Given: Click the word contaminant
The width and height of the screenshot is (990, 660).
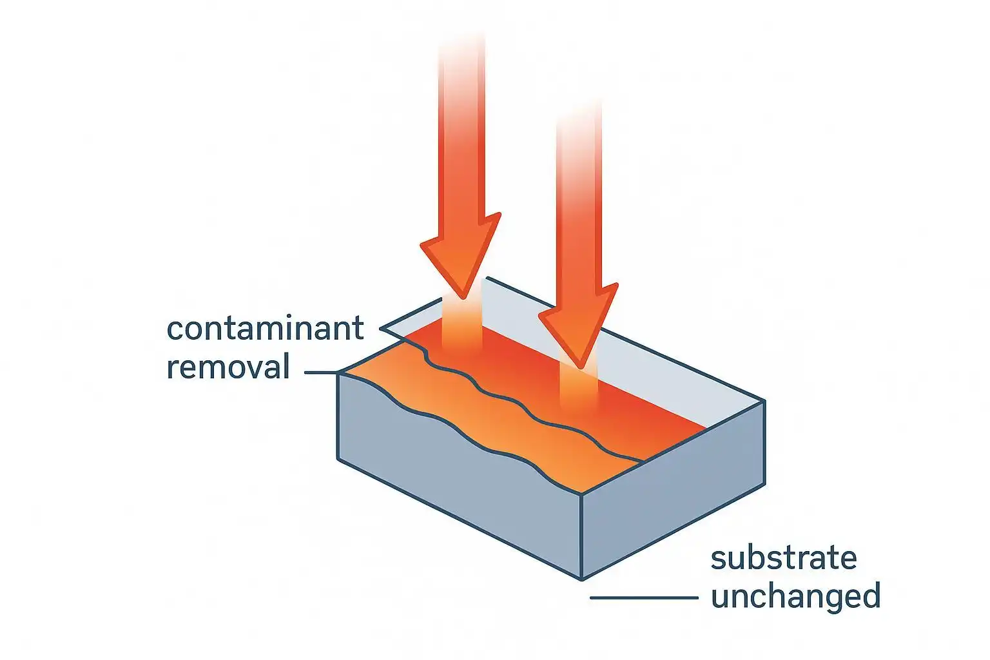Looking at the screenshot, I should (265, 329).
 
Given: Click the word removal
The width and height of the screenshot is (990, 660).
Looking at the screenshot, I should (228, 367).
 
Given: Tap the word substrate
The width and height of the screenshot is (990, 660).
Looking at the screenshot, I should (783, 558).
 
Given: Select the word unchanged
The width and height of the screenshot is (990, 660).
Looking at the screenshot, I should (795, 596).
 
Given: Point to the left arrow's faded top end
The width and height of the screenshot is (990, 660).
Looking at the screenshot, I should (461, 52).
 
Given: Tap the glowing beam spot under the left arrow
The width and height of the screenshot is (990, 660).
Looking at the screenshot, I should (461, 329).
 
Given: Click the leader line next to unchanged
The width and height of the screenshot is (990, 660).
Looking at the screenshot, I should (643, 598).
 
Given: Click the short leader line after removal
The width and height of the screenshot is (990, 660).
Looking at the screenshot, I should (320, 373).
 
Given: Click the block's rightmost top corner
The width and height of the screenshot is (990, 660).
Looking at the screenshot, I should (764, 401).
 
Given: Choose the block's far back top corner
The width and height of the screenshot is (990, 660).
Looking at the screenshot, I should (487, 278).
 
